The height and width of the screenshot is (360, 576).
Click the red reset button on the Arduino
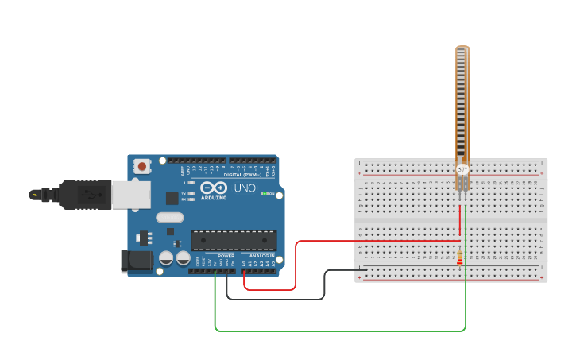coord(142,166)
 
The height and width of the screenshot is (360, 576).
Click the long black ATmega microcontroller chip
coord(234,240)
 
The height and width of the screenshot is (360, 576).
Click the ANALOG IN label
coord(261,256)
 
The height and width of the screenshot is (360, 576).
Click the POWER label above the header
coord(226,256)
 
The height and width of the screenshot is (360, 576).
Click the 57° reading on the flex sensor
coord(462,170)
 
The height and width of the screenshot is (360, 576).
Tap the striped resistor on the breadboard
coord(461,257)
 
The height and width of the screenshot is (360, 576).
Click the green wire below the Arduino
coord(334,330)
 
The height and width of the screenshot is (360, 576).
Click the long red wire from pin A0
coord(296,266)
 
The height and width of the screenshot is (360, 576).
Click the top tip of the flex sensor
coord(462,49)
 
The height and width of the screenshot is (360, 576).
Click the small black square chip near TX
coord(172,199)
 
